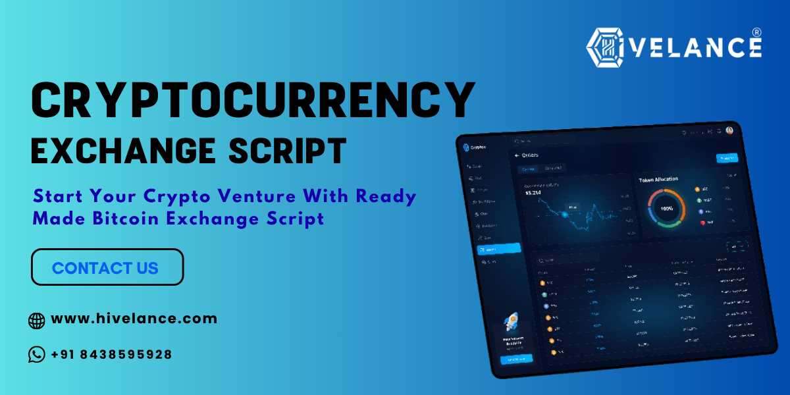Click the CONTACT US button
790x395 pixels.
107,267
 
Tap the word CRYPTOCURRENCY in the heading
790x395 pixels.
253,101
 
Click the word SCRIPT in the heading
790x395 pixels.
284,150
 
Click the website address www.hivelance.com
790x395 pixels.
134,319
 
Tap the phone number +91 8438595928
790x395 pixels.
111,354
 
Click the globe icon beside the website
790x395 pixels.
37,321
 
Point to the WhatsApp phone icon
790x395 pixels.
37,355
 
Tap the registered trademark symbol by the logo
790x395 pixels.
756,32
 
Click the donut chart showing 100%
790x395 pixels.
666,208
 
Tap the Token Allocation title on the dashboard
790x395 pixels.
658,179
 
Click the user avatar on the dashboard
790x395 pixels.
729,130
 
